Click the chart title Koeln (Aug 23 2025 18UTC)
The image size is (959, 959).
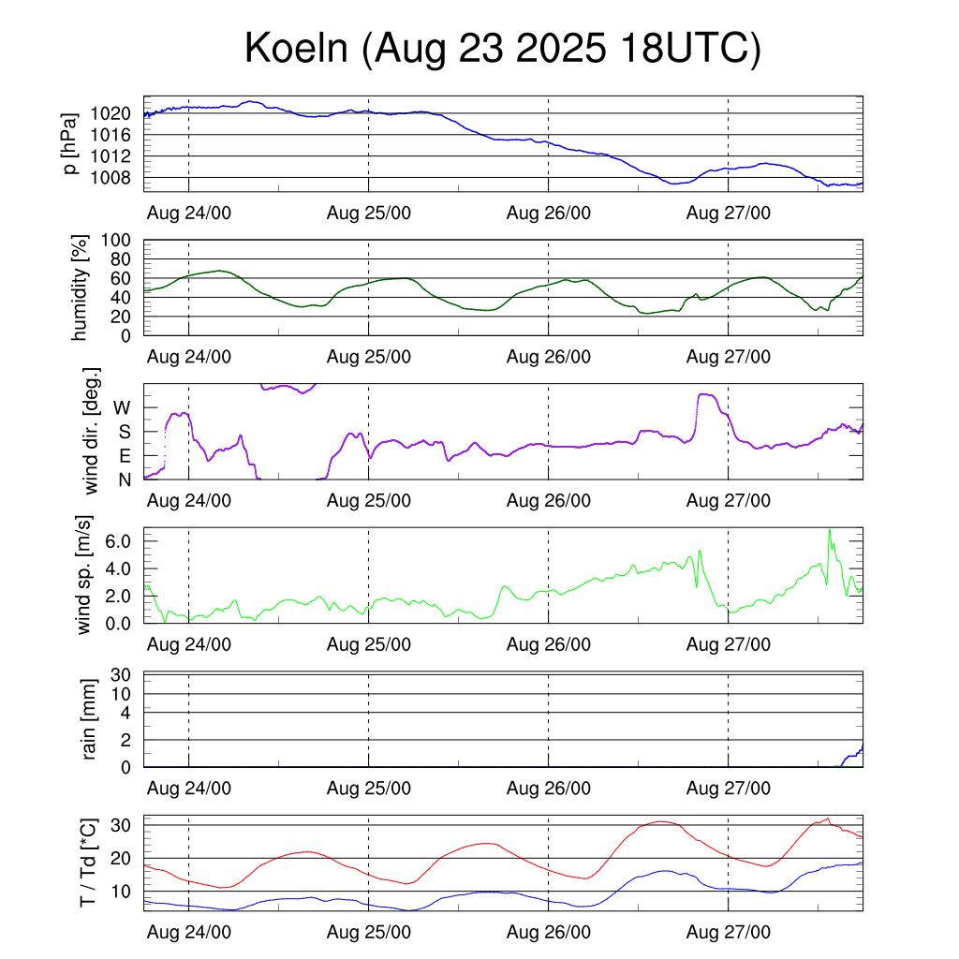click(x=503, y=50)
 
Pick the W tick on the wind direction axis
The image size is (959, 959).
click(x=123, y=407)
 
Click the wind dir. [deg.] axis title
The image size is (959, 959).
click(x=92, y=431)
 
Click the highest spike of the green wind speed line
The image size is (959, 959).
click(x=830, y=530)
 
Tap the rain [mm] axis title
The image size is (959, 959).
click(x=90, y=719)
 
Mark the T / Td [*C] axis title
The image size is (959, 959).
click(x=88, y=863)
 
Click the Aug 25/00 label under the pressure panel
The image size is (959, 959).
click(x=369, y=213)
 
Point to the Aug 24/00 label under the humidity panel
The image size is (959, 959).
click(x=189, y=356)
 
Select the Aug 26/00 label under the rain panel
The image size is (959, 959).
click(x=549, y=789)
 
